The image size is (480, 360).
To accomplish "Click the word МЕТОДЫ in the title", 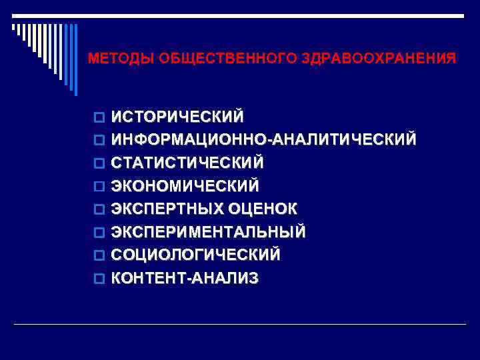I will pyautogui.click(x=121, y=59).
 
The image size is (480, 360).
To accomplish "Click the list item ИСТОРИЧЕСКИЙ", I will pyautogui.click(x=177, y=117).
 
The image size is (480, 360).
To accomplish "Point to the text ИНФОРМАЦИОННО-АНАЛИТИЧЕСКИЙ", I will pyautogui.click(x=264, y=139).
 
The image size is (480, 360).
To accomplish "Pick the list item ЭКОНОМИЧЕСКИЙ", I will pyautogui.click(x=185, y=185).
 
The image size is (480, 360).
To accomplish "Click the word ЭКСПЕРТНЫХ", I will pyautogui.click(x=167, y=209).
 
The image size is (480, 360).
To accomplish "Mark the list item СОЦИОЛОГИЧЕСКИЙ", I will pyautogui.click(x=195, y=255).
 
